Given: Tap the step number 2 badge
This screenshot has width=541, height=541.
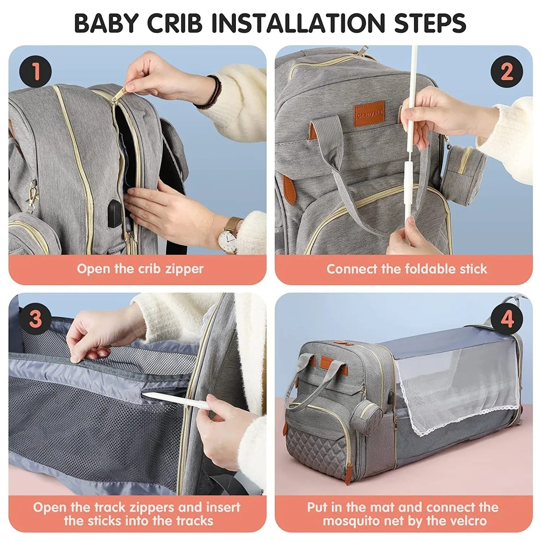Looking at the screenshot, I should [507, 71].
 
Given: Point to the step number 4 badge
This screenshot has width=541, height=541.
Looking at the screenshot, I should [507, 319].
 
